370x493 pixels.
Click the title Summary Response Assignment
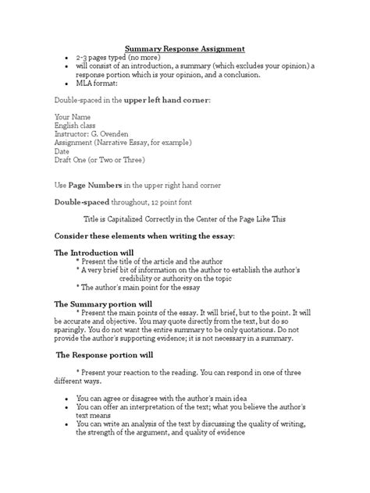tap(184, 48)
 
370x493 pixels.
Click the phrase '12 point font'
tap(198, 201)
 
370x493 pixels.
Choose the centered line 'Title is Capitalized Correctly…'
tap(184, 219)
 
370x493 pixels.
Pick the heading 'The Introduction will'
tap(93, 253)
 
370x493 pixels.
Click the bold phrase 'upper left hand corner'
tap(162, 100)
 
